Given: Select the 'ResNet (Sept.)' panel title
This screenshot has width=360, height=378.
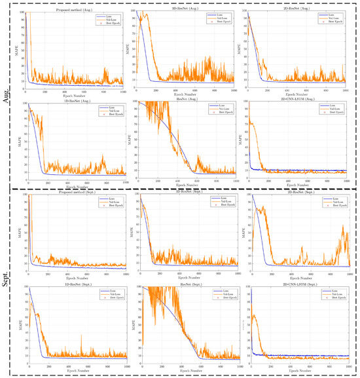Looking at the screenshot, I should (186, 286).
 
